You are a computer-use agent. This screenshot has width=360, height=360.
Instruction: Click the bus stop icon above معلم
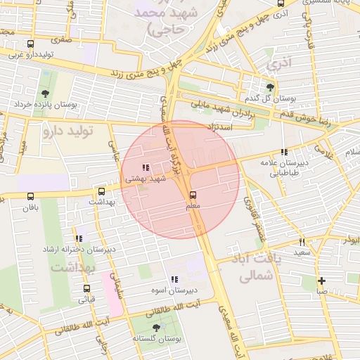tap(193, 195)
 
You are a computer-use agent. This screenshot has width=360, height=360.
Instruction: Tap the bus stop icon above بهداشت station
tap(102, 191)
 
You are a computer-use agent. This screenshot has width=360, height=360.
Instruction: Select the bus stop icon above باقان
tap(30, 197)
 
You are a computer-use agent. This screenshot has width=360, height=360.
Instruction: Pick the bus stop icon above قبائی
tap(87, 288)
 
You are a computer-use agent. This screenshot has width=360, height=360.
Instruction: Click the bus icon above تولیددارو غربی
tap(30, 44)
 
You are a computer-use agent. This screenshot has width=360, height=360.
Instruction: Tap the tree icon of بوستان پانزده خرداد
tap(46, 93)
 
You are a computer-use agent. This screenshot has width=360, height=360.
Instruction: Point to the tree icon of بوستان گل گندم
tap(270, 87)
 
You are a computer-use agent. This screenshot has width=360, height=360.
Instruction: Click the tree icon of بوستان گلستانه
tap(155, 328)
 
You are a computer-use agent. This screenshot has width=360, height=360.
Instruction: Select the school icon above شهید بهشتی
tap(146, 167)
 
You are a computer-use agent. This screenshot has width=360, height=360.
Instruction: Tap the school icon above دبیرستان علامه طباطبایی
tap(284, 152)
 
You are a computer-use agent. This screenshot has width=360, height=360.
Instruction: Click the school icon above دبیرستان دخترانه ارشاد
tap(79, 238)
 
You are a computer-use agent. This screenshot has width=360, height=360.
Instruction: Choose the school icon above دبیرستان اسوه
tap(174, 279)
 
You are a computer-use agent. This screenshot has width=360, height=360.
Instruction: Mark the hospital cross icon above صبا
tap(321, 281)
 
